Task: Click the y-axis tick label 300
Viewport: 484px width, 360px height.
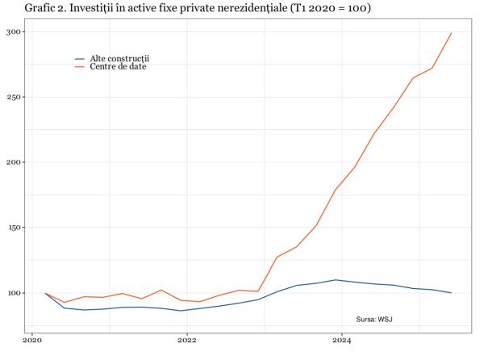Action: [12, 31]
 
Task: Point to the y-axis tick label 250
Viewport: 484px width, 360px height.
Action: [12, 97]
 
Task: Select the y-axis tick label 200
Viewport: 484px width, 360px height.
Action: [12, 162]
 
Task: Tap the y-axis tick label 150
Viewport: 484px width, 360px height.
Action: [12, 228]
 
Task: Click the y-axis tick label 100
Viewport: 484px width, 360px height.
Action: [12, 293]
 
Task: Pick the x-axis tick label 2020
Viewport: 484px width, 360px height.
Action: [32, 341]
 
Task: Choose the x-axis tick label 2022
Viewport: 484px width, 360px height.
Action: [187, 341]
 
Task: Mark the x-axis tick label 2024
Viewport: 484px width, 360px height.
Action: [342, 341]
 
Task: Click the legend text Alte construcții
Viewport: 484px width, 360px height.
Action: [120, 59]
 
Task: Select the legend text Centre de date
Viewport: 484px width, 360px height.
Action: [118, 66]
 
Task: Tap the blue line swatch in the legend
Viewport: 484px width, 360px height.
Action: [80, 59]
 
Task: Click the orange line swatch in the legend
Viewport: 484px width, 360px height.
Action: [80, 66]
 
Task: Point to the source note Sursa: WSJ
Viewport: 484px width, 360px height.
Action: [374, 320]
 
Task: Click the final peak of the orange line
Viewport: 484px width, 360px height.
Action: [451, 33]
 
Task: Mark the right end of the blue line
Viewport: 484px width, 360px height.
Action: [451, 293]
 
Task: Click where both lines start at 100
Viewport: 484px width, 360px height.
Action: [45, 293]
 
